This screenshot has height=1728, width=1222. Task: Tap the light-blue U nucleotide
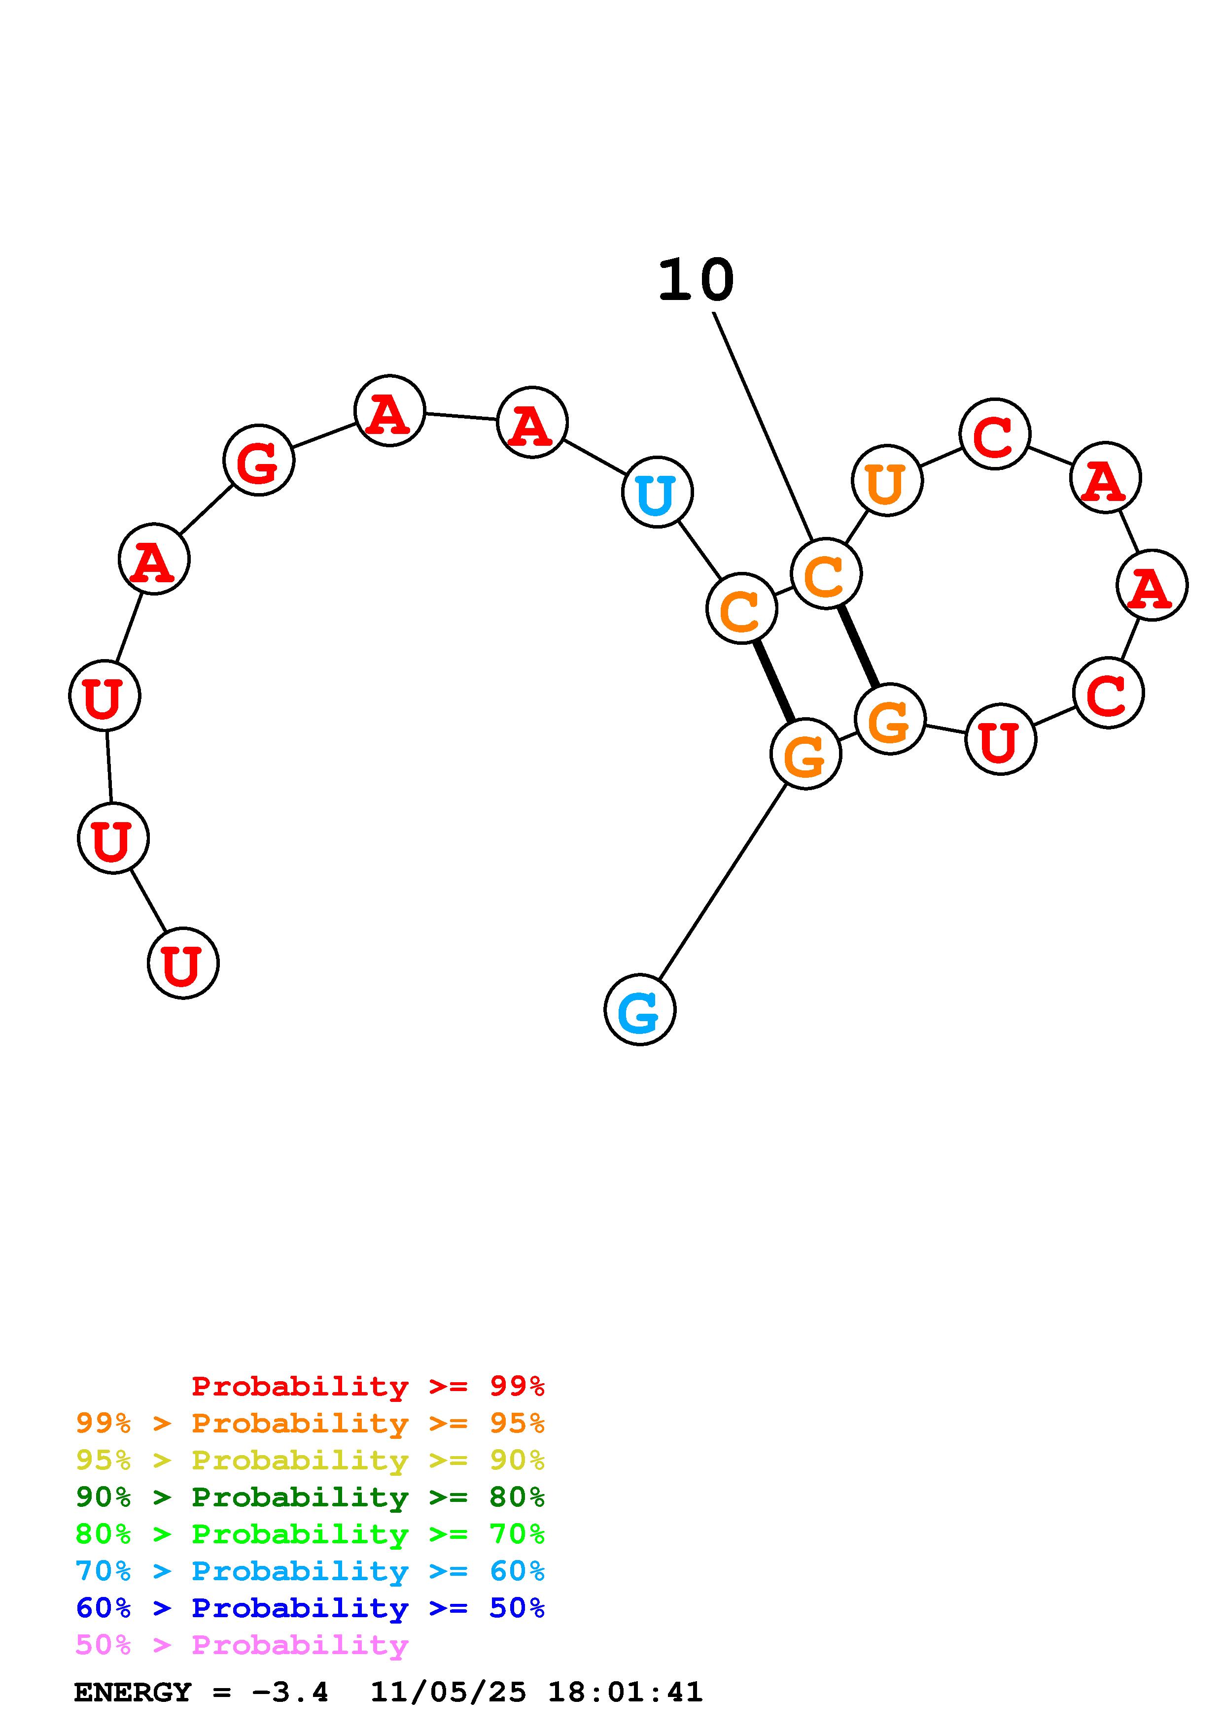[657, 493]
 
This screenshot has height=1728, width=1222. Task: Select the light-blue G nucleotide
[639, 1010]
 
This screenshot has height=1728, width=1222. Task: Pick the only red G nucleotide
[258, 460]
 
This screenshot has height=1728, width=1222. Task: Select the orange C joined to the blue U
[742, 609]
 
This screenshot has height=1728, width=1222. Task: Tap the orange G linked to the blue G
[805, 754]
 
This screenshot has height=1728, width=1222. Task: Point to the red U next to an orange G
[1000, 740]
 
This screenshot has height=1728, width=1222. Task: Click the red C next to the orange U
[995, 434]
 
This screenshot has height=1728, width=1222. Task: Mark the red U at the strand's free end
[183, 964]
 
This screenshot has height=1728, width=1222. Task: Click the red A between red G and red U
[154, 559]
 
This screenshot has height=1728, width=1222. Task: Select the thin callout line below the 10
[762, 425]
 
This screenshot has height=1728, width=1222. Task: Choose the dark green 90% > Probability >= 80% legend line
[310, 1497]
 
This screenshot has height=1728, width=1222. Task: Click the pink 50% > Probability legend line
[243, 1645]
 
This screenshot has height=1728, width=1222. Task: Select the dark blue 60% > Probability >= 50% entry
[310, 1608]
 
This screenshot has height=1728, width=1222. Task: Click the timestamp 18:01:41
[625, 1693]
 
